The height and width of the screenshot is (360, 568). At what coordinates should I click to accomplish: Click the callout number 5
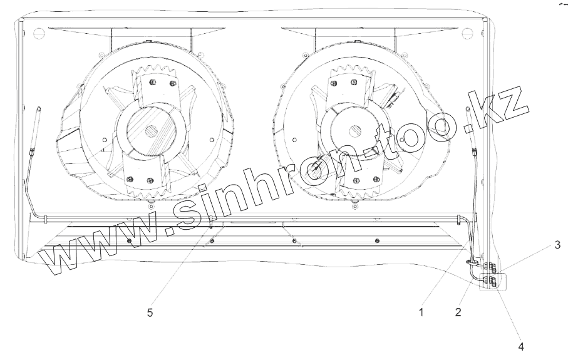point(150,312)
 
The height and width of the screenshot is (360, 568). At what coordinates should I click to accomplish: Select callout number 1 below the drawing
point(421,312)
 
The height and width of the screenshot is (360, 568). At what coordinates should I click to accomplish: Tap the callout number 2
point(458,312)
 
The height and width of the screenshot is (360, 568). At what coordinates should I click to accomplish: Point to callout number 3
point(557,245)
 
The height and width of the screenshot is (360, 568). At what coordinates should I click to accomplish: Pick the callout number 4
point(521,347)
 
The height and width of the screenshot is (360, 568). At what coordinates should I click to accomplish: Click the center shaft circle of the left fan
point(152,131)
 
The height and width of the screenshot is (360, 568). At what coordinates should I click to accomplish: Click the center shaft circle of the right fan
point(354,131)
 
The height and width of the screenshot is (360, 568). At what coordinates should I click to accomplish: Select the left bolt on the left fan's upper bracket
point(153,82)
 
